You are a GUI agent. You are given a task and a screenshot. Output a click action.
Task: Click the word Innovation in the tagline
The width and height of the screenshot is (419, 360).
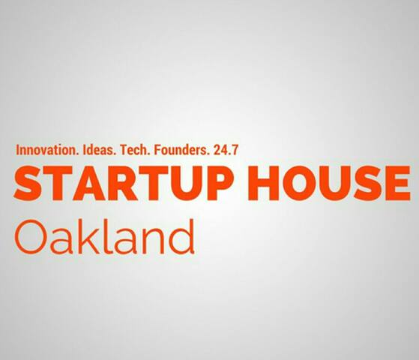pos(46,150)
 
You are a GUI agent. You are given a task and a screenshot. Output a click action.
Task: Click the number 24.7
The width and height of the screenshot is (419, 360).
pos(226,150)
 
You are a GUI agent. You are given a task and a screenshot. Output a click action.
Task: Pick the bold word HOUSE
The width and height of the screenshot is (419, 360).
pos(328,183)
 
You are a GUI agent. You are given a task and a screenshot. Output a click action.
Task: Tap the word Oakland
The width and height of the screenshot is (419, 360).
pos(104,237)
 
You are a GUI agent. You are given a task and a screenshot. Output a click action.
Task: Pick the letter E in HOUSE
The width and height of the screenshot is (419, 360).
pos(397,183)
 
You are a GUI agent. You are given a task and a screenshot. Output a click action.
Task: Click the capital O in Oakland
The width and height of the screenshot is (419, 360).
pos(31,237)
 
